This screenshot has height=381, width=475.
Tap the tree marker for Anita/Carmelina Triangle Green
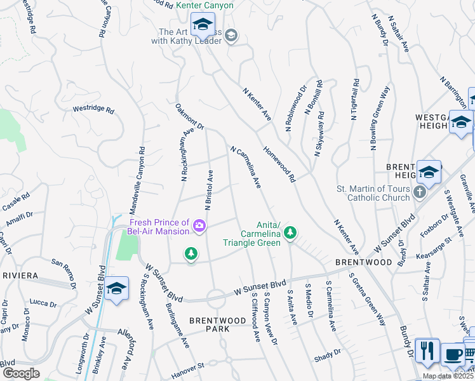pyautogui.click(x=290, y=233)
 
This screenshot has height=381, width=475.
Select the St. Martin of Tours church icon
pyautogui.click(x=419, y=192)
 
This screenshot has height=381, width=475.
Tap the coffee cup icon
pyautogui.click(x=452, y=354)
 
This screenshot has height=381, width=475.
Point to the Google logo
pyautogui.click(x=20, y=373)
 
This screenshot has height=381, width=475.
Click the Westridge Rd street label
pyautogui.click(x=93, y=110)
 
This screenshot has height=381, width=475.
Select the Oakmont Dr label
pyautogui.click(x=189, y=117)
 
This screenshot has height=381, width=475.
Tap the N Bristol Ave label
pyautogui.click(x=208, y=190)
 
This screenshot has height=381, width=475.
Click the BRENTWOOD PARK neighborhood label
pyautogui.click(x=217, y=324)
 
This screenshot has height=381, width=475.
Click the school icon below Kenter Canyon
pyautogui.click(x=203, y=25)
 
